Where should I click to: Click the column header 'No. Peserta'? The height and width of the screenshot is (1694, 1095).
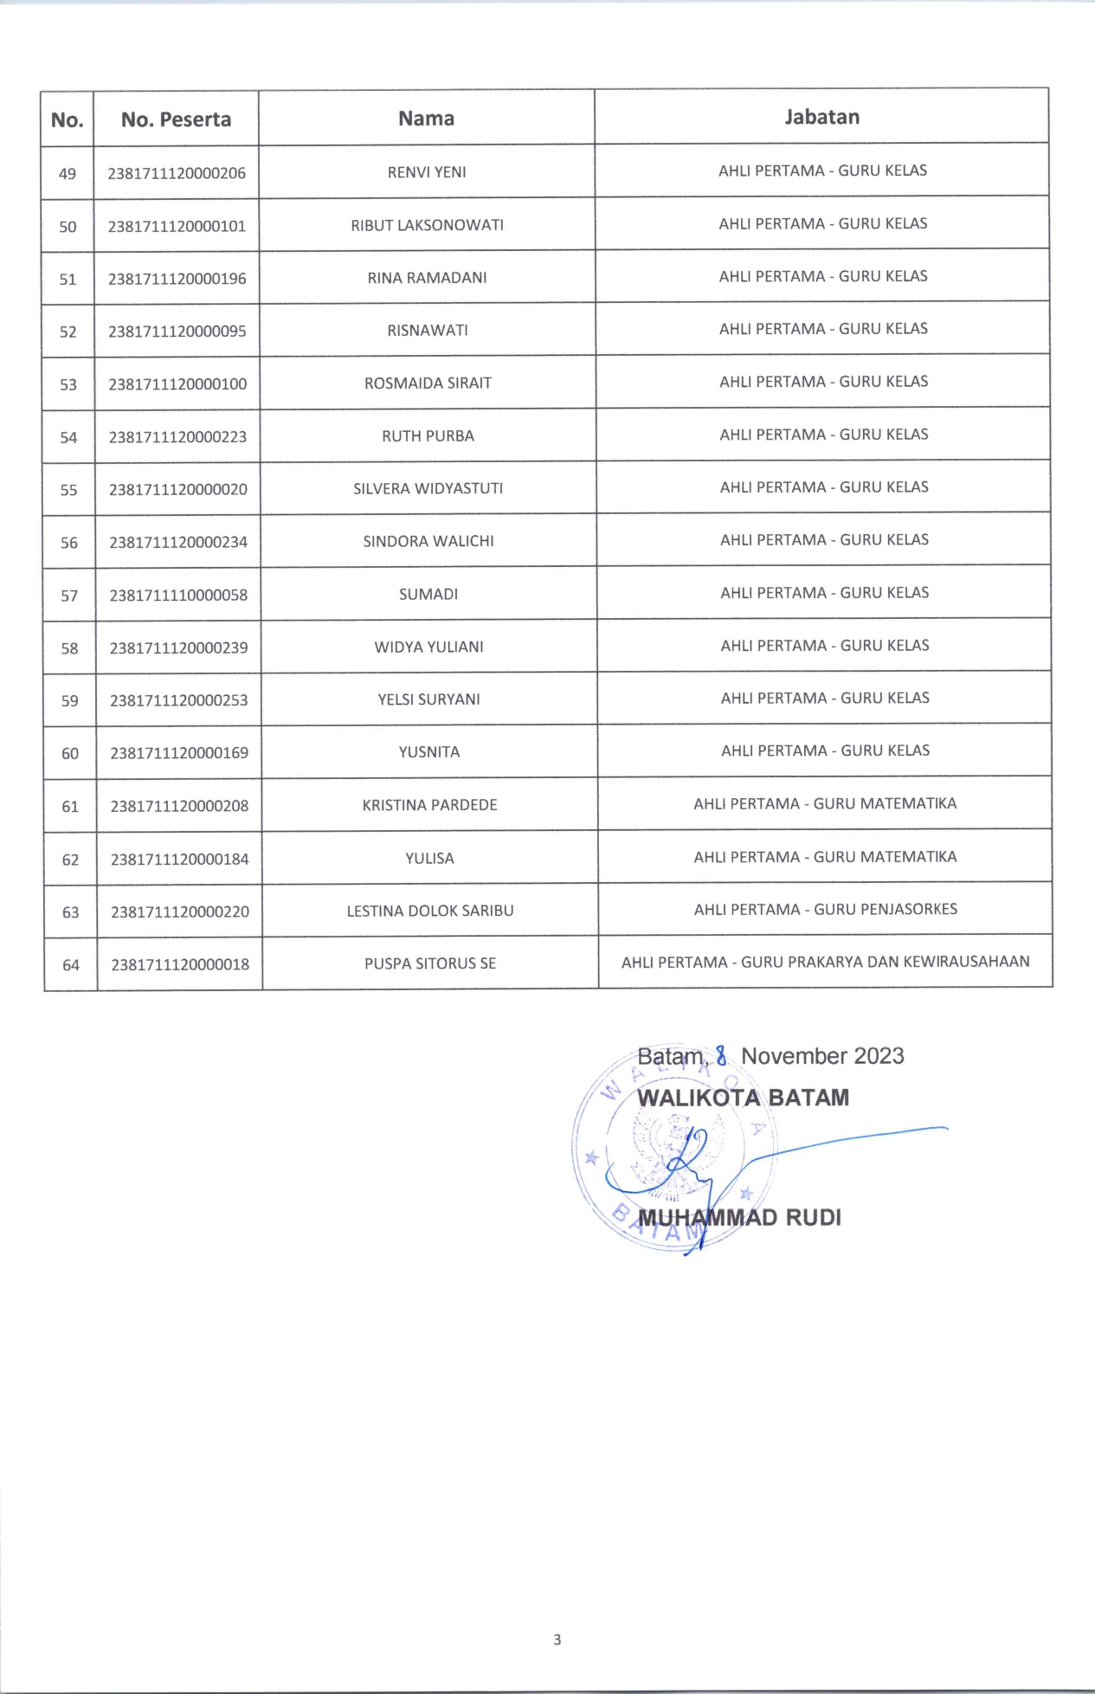pyautogui.click(x=176, y=119)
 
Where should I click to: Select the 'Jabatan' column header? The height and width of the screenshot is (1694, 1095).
pyautogui.click(x=821, y=117)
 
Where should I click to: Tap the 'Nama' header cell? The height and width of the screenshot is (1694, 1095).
pyautogui.click(x=426, y=119)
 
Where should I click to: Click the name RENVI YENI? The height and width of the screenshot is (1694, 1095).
pyautogui.click(x=427, y=172)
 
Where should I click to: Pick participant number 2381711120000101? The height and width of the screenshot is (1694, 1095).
pyautogui.click(x=177, y=226)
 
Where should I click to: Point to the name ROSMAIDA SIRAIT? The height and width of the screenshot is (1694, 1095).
pyautogui.click(x=428, y=383)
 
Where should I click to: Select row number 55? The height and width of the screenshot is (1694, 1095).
pyautogui.click(x=69, y=490)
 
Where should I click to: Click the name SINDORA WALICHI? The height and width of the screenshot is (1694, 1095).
pyautogui.click(x=428, y=541)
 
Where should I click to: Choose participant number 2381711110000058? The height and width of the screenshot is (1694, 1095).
pyautogui.click(x=178, y=595)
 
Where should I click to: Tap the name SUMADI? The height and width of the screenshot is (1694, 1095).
pyautogui.click(x=428, y=594)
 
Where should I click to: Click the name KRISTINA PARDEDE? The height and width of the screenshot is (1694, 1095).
pyautogui.click(x=429, y=805)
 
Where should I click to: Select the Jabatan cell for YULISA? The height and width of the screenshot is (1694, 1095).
pyautogui.click(x=825, y=857)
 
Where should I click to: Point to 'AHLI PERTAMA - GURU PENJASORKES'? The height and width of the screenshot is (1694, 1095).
pyautogui.click(x=825, y=909)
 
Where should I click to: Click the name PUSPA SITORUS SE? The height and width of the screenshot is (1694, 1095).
pyautogui.click(x=430, y=963)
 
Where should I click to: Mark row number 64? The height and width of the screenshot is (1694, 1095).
pyautogui.click(x=71, y=964)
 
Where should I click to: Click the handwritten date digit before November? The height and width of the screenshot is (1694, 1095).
pyautogui.click(x=721, y=1056)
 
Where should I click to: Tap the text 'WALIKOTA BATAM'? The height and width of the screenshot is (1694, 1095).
pyautogui.click(x=743, y=1098)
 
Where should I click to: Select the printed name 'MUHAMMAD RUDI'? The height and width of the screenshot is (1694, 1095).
pyautogui.click(x=739, y=1217)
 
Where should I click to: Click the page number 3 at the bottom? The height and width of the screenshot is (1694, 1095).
pyautogui.click(x=557, y=1639)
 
